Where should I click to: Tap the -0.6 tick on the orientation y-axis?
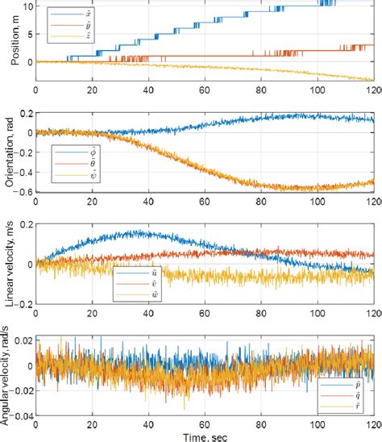click(x=24, y=192)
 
